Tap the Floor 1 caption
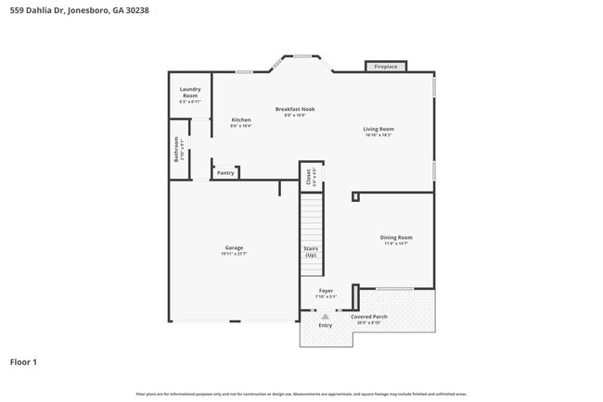[x=24, y=362]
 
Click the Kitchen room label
[x=240, y=119]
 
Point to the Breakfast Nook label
[x=295, y=109]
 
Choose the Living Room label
[x=378, y=129]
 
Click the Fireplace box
[x=386, y=67]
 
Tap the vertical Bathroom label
[x=176, y=149]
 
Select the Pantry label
[x=225, y=172]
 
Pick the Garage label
[x=234, y=247]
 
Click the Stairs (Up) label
[x=311, y=251]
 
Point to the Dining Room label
[x=396, y=237]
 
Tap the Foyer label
[x=326, y=291]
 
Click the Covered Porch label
[x=368, y=316]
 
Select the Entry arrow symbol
[x=325, y=316]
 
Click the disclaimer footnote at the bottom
[x=301, y=394]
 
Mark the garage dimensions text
[x=234, y=253]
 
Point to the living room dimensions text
[x=378, y=135]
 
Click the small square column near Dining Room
[x=355, y=196]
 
